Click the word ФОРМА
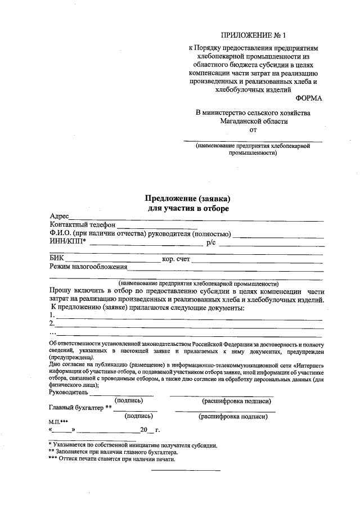309,98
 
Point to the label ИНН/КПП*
67,242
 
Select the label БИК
56,259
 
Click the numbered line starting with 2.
186,325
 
